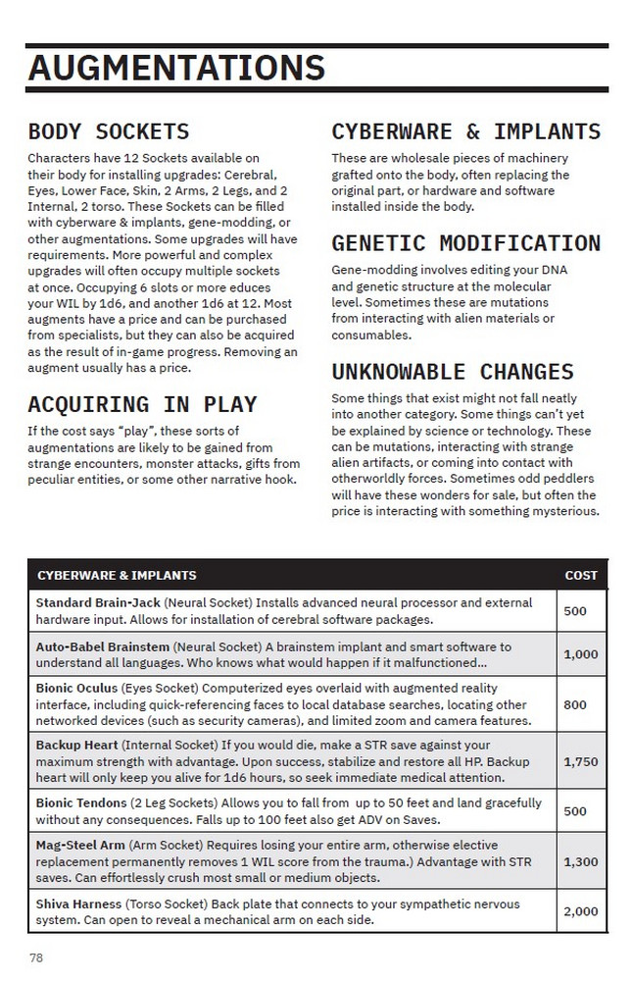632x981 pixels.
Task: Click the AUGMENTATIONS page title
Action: tap(176, 68)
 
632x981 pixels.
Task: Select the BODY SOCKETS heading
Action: tap(108, 131)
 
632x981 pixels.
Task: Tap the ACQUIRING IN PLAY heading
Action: tap(142, 404)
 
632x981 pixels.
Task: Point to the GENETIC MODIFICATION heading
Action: tap(465, 243)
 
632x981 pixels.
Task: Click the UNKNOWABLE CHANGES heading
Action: tap(452, 372)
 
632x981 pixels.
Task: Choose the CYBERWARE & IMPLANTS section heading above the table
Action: tap(465, 131)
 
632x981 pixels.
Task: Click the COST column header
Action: tap(581, 575)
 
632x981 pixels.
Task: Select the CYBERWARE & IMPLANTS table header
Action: tap(117, 575)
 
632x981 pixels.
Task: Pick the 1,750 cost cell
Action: tap(581, 761)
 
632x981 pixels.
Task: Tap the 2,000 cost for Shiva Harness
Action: tap(581, 911)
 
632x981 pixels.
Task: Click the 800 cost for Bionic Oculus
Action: tap(576, 704)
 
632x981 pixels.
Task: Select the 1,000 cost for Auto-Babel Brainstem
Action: tap(581, 654)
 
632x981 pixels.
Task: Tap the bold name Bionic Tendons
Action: tap(82, 803)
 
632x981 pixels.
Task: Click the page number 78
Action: tap(36, 957)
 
